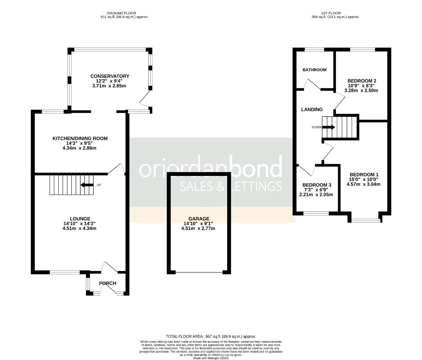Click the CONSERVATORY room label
pyautogui.click(x=109, y=76)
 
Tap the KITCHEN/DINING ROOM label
pyautogui.click(x=80, y=138)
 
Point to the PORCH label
pyautogui.click(x=108, y=283)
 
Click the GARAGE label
pyautogui.click(x=198, y=219)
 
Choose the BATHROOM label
pyautogui.click(x=314, y=70)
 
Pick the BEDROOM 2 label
pyautogui.click(x=362, y=81)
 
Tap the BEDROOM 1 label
pyautogui.click(x=364, y=175)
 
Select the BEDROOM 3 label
pyautogui.click(x=317, y=185)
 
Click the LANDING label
pyautogui.click(x=312, y=109)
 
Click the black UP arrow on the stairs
pyautogui.click(x=86, y=185)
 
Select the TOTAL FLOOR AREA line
pyautogui.click(x=211, y=337)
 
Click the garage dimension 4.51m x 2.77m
pyautogui.click(x=198, y=229)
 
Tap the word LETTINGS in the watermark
pyautogui.click(x=251, y=186)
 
